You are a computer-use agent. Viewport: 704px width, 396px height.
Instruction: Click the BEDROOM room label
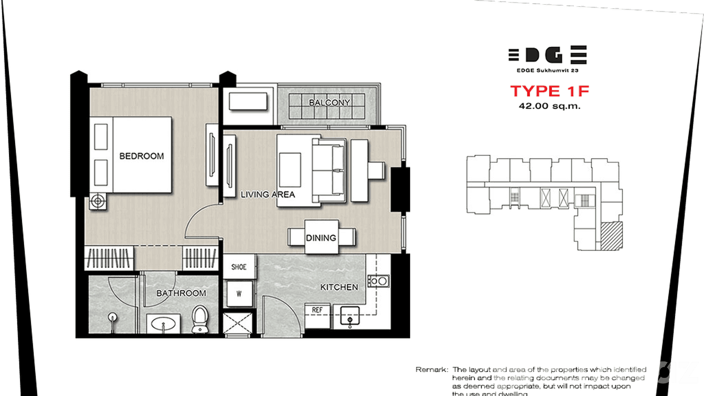[141, 156]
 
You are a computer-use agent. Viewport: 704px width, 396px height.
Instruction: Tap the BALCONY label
[329, 102]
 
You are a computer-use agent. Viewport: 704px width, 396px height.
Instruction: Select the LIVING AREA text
[268, 194]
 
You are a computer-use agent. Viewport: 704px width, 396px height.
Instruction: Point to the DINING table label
[321, 238]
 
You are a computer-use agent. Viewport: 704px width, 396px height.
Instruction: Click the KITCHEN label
[339, 287]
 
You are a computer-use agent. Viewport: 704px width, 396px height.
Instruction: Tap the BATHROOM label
[181, 293]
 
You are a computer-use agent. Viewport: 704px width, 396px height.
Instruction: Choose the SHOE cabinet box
[239, 267]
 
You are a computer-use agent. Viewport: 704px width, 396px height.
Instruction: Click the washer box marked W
[239, 294]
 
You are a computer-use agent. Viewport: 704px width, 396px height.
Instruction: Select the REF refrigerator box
[317, 310]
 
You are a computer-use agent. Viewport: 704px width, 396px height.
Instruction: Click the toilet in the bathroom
[199, 319]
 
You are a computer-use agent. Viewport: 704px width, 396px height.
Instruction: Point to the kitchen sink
[350, 318]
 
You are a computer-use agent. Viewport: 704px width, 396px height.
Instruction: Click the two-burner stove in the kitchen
[379, 281]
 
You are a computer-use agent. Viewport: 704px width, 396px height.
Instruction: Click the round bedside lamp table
[97, 201]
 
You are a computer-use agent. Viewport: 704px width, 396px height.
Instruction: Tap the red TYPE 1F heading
[549, 91]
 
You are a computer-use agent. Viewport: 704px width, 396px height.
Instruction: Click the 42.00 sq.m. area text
[549, 106]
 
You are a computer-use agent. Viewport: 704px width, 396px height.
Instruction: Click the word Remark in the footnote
[432, 370]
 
